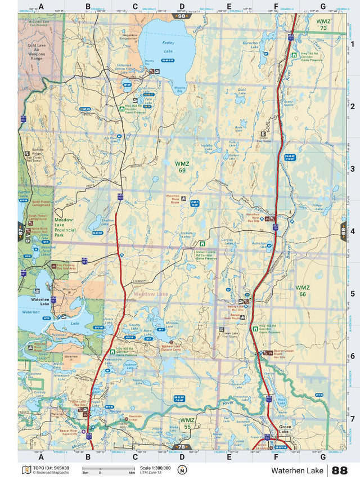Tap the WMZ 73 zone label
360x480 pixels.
pyautogui.click(x=323, y=24)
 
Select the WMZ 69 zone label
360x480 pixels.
pyautogui.click(x=182, y=166)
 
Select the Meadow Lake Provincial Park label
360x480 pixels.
pyautogui.click(x=67, y=226)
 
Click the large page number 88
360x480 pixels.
pyautogui.click(x=339, y=470)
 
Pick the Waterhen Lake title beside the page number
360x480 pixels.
pyautogui.click(x=297, y=470)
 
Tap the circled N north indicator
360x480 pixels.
pyautogui.click(x=182, y=470)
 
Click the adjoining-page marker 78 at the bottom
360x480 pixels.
pyautogui.click(x=182, y=447)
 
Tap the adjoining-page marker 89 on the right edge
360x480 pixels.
pyautogui.click(x=343, y=231)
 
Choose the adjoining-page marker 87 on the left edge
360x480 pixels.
pyautogui.click(x=22, y=231)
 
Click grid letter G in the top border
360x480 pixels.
pyautogui.click(x=323, y=7)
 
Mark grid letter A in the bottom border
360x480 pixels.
pyautogui.click(x=40, y=456)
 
